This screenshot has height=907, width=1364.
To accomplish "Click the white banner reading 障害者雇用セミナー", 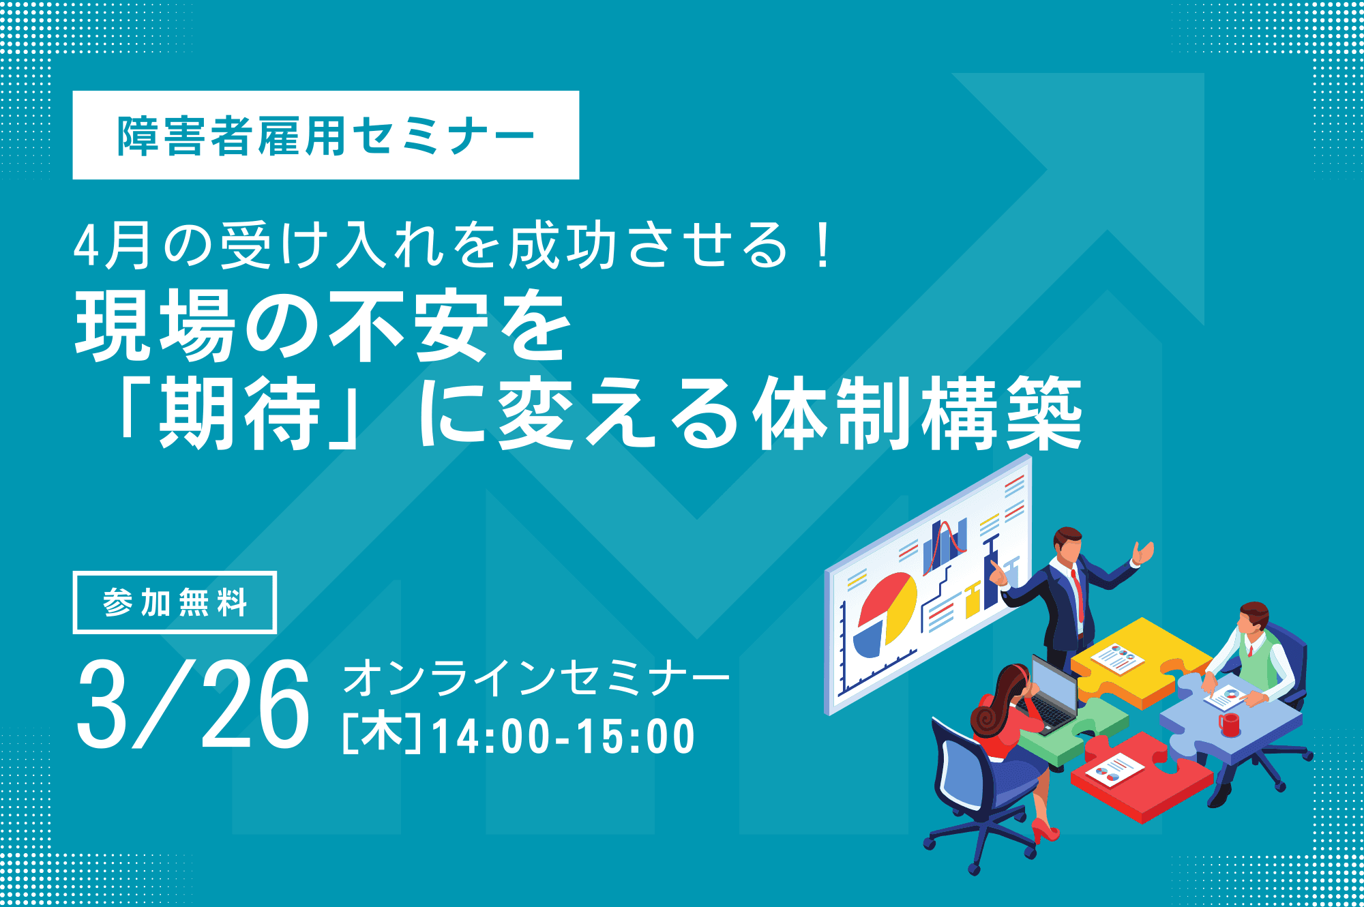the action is [326, 135].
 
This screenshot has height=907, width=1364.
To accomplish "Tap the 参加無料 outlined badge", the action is [175, 603].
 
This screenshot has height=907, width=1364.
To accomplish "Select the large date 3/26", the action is [194, 705].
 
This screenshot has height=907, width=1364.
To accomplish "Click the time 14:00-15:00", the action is [563, 737].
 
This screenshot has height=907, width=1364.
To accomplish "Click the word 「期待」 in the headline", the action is [239, 413].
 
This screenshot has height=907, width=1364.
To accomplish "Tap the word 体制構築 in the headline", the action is [917, 413].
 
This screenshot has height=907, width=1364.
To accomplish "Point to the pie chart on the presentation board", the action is [885, 614].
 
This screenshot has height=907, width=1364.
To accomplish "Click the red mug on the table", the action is [1229, 724].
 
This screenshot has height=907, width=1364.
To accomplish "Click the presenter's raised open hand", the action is [1143, 552].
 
